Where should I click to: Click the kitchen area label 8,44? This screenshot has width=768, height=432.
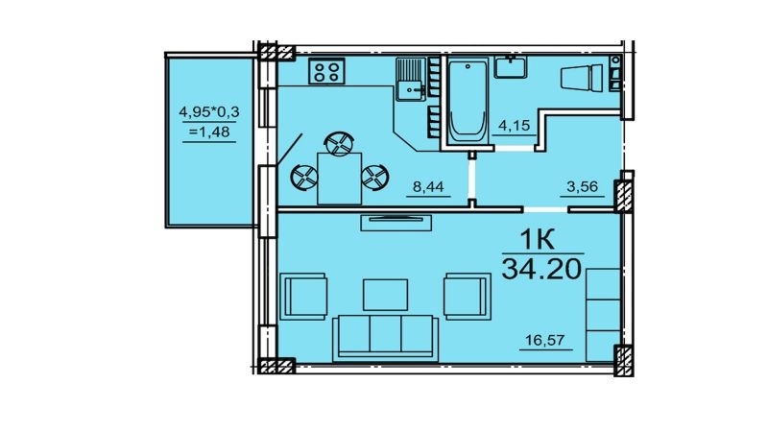428,186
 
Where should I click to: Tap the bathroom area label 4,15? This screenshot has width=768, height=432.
515,126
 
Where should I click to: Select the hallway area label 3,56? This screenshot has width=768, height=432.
583,186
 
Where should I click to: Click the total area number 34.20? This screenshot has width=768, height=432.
542,269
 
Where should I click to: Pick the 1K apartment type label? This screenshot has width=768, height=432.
537,240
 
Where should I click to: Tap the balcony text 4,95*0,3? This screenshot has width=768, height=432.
209,112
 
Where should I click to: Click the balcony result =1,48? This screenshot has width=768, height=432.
209,132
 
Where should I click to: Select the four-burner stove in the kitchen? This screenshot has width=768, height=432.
326,71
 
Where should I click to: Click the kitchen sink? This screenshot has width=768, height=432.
410,80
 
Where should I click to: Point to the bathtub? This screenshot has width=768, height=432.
468,102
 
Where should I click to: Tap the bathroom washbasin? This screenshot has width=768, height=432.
511,67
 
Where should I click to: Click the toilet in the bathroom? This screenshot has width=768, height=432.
583,78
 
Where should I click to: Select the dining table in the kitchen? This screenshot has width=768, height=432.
340,179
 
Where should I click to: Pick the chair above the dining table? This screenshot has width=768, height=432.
339,143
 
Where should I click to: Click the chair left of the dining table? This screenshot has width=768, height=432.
304,178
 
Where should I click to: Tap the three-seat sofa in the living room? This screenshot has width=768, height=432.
385,339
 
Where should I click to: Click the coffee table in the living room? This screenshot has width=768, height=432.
386,295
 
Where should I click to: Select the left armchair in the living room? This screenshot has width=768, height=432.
303,297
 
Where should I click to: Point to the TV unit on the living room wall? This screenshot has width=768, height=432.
396,222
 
